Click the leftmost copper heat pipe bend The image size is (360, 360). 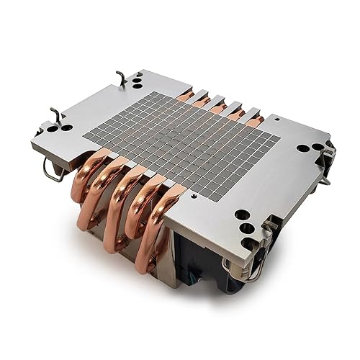click(85, 180)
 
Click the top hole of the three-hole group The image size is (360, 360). click(242, 214)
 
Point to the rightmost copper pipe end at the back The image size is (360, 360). click(254, 120)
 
